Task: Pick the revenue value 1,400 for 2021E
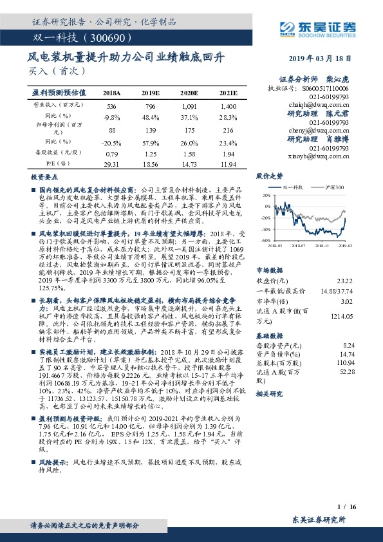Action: click(229, 106)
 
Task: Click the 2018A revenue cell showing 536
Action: click(112, 106)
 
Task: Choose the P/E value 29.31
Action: click(112, 165)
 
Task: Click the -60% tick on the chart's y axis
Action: click(266, 240)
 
